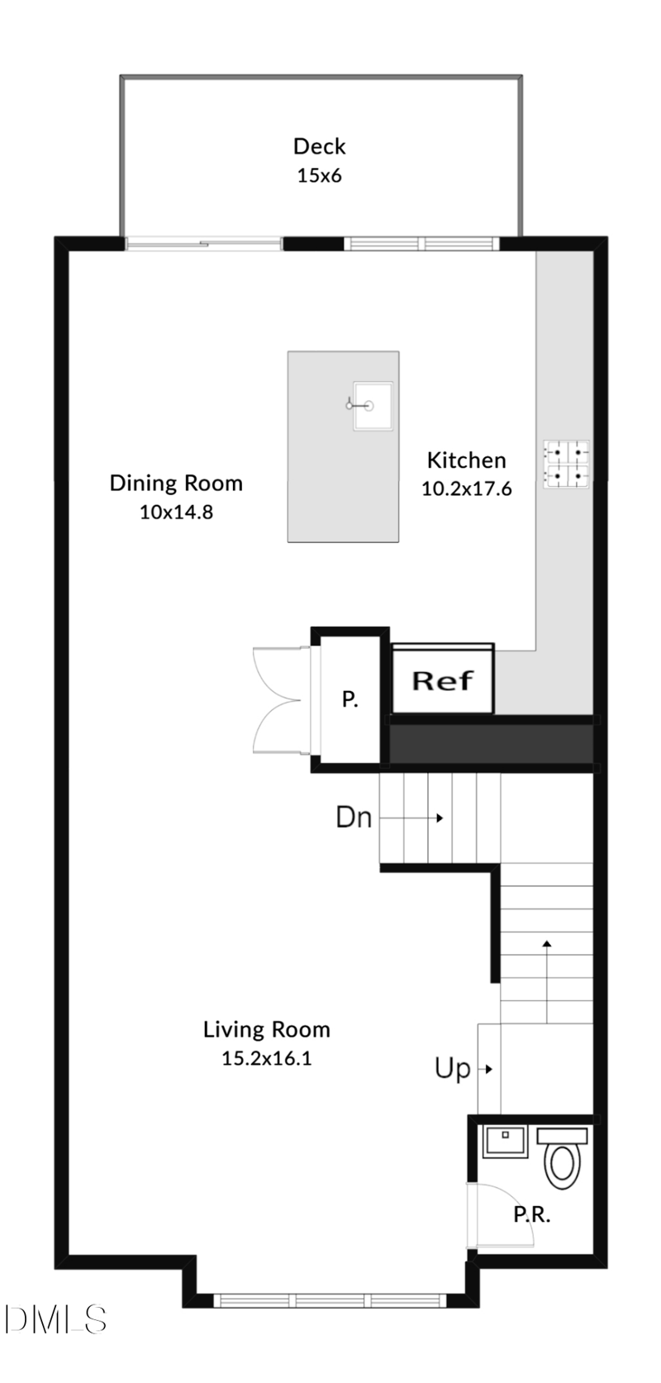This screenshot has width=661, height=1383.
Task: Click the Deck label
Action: pyautogui.click(x=319, y=146)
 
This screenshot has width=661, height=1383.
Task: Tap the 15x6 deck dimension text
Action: pyautogui.click(x=319, y=175)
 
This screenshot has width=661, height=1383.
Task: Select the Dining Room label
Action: pyautogui.click(x=176, y=483)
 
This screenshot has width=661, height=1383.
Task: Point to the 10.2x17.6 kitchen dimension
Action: pyautogui.click(x=466, y=489)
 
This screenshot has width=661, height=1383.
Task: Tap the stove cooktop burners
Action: pyautogui.click(x=566, y=464)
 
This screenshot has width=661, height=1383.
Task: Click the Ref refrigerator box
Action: pyautogui.click(x=442, y=680)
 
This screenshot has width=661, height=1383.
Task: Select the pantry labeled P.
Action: pyautogui.click(x=350, y=700)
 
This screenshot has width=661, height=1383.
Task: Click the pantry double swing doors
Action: pyautogui.click(x=278, y=699)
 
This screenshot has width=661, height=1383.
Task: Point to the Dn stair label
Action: pyautogui.click(x=354, y=818)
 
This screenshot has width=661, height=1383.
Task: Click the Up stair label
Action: pyautogui.click(x=453, y=1069)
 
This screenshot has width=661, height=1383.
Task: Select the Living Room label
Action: pyautogui.click(x=266, y=1029)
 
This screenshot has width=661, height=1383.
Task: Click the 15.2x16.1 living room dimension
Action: pyautogui.click(x=266, y=1058)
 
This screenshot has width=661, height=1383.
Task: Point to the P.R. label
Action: pyautogui.click(x=531, y=1214)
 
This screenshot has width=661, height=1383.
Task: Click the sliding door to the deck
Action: pyautogui.click(x=203, y=243)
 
